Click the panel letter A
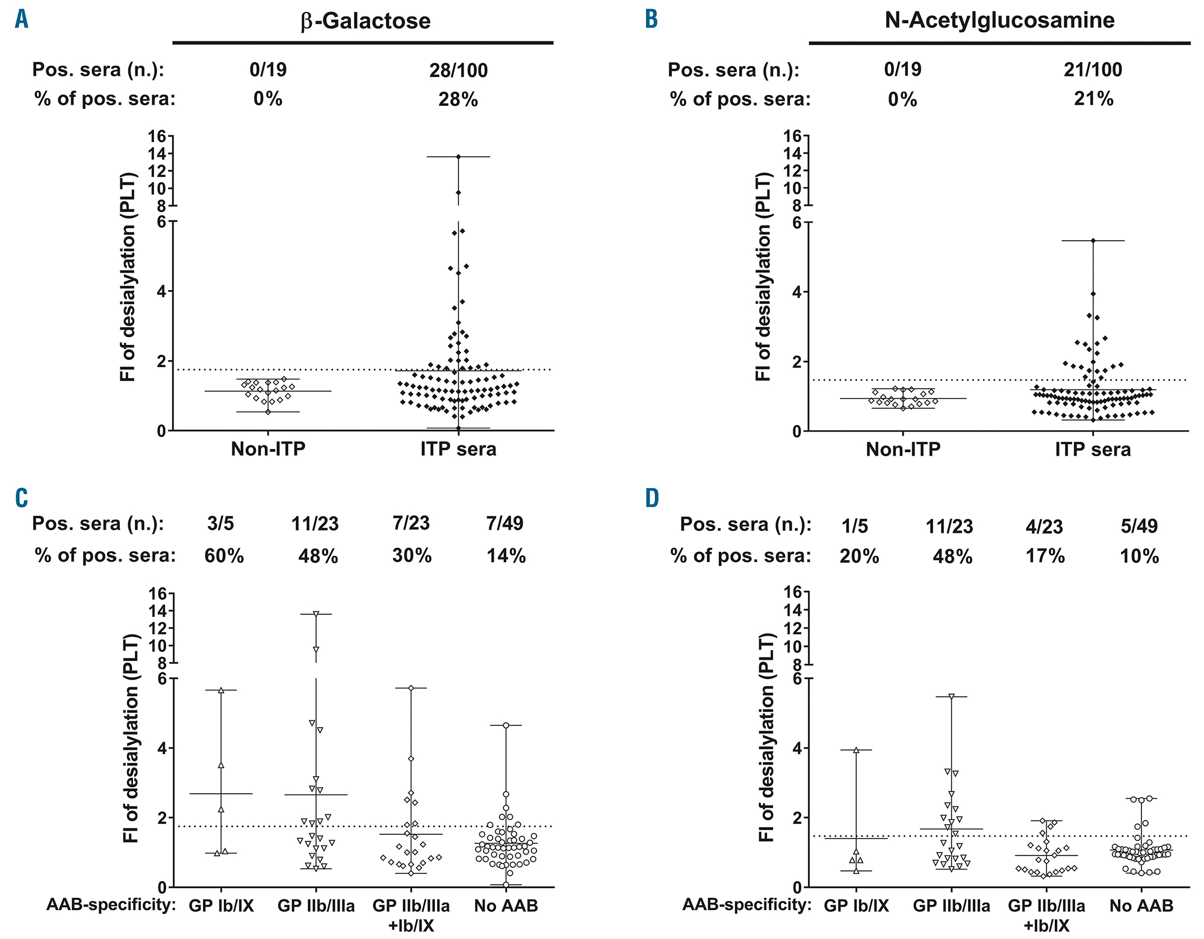tap(22, 19)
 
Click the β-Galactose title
tap(366, 21)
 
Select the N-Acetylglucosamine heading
tap(999, 20)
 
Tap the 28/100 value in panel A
tap(459, 70)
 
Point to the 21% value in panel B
tap(1093, 99)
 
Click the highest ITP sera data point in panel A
tap(458, 156)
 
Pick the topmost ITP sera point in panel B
tap(1093, 241)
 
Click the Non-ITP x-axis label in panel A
tap(268, 450)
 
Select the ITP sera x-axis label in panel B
tap(1093, 450)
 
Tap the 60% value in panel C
tap(224, 556)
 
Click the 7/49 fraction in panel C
tap(506, 524)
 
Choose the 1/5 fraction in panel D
tap(855, 526)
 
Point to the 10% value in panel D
tap(1140, 556)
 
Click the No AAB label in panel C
tap(506, 905)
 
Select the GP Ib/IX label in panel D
tap(856, 905)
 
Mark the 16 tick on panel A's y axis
tap(158, 136)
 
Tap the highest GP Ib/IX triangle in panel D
tap(856, 750)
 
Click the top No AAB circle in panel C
tap(506, 725)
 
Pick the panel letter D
tap(652, 498)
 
